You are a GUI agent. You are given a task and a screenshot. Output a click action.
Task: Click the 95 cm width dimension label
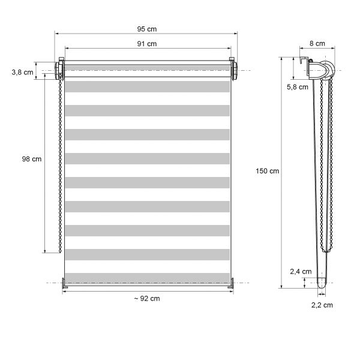[147, 29]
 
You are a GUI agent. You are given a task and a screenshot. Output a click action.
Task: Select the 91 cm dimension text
[147, 44]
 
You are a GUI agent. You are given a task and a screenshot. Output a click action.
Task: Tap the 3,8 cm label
[23, 73]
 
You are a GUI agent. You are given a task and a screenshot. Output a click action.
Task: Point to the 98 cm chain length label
[32, 159]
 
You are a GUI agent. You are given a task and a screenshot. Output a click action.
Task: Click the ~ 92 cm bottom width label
[147, 298]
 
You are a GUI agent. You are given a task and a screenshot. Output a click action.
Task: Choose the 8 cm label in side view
[317, 43]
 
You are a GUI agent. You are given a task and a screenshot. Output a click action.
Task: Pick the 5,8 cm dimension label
[298, 87]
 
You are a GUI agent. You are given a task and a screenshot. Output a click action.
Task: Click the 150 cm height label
[268, 171]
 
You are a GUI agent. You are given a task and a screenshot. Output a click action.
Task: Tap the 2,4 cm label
[301, 272]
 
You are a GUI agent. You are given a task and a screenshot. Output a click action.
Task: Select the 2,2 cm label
[322, 305]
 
